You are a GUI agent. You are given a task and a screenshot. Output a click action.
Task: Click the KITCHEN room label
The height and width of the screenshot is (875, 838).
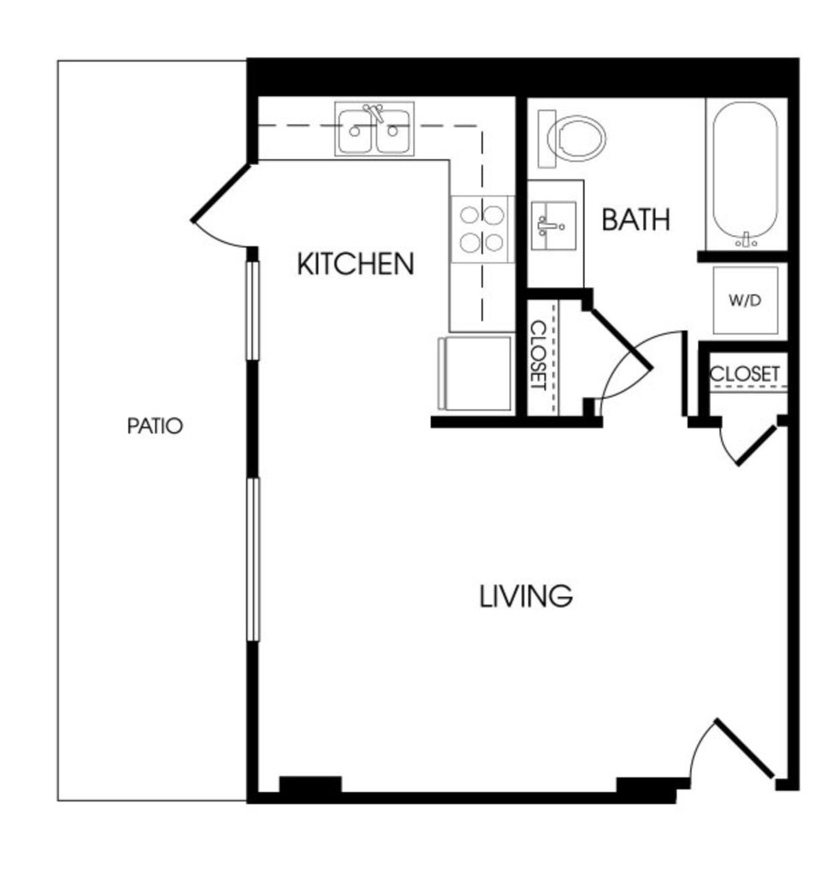click(356, 264)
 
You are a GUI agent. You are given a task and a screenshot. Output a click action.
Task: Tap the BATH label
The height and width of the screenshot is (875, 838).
click(635, 219)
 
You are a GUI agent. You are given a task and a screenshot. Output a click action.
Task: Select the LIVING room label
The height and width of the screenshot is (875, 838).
click(526, 596)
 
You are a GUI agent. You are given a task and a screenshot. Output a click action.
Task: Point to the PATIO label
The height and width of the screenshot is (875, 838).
click(155, 426)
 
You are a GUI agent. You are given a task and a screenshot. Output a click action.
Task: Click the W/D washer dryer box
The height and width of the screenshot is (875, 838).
click(746, 300)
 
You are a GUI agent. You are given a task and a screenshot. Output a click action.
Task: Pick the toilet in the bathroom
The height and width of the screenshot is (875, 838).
click(571, 139)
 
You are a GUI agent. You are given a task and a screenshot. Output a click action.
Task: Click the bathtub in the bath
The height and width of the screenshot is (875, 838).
click(745, 174)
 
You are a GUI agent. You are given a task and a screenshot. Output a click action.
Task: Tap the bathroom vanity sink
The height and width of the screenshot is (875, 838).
click(553, 226)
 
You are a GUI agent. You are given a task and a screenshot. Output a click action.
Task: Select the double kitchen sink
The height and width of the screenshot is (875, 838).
click(375, 129)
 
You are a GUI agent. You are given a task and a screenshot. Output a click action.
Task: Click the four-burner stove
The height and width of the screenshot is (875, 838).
click(482, 228)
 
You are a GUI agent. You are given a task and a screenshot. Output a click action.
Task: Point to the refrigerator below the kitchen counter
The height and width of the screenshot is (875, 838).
click(475, 373)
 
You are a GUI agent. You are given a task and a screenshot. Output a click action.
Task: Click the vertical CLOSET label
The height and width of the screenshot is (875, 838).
click(538, 355)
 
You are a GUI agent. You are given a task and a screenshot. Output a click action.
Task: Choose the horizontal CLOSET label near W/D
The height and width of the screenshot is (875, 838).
click(744, 373)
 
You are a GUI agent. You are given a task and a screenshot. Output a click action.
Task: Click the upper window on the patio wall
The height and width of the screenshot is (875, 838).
click(253, 310)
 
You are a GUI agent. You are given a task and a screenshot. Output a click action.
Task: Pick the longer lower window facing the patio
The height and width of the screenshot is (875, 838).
click(253, 559)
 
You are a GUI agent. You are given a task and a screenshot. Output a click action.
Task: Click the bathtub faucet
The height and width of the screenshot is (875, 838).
click(746, 240)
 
